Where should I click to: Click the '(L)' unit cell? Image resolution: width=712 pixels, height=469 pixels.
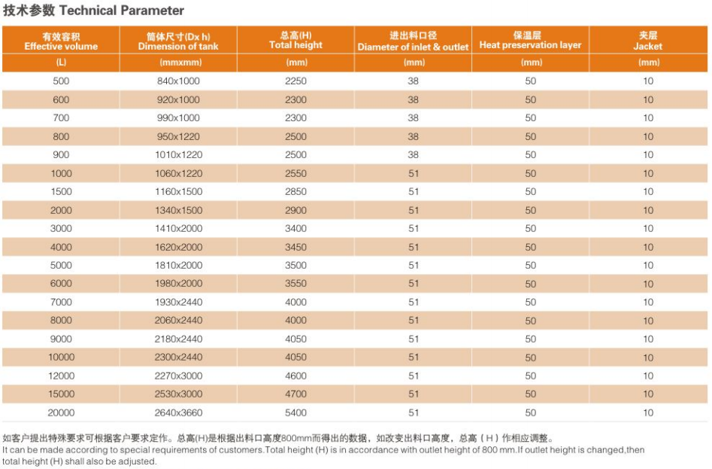tap(61, 62)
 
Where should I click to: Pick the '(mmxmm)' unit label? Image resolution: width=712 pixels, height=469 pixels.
tap(178, 62)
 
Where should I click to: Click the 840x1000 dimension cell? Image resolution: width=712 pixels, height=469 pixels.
tap(178, 81)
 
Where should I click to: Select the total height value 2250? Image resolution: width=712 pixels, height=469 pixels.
tap(295, 81)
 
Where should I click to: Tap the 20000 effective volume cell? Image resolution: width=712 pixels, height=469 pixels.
tap(61, 413)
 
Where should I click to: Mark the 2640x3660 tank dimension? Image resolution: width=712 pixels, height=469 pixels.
tap(178, 413)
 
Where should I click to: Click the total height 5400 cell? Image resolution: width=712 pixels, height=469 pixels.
tap(295, 413)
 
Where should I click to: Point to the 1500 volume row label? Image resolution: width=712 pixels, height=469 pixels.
tap(61, 192)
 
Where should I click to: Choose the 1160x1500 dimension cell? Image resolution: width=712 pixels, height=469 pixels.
tap(178, 192)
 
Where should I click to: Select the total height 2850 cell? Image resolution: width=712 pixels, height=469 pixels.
tap(295, 192)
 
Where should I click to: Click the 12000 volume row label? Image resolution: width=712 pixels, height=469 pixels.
tap(61, 376)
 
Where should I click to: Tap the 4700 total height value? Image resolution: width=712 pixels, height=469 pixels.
tap(295, 394)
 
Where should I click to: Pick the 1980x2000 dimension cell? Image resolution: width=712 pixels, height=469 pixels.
tap(178, 284)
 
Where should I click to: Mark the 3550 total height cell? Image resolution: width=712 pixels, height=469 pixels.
tap(295, 284)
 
